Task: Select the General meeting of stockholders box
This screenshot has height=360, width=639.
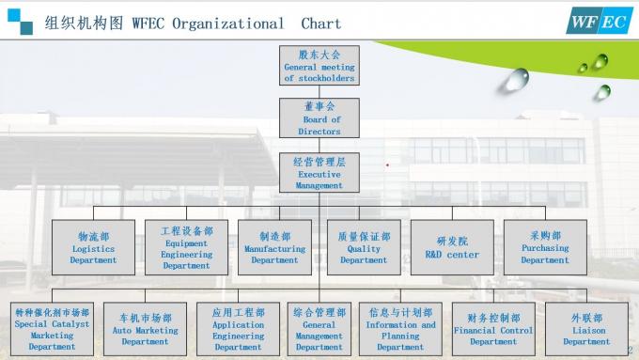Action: pyautogui.click(x=319, y=66)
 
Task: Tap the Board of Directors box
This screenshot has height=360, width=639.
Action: pyautogui.click(x=319, y=118)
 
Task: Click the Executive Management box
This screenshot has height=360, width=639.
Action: pyautogui.click(x=319, y=173)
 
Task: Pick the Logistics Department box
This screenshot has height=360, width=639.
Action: pyautogui.click(x=93, y=247)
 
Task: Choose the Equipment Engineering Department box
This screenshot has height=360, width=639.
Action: pyautogui.click(x=186, y=247)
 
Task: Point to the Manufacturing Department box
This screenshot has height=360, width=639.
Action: pyautogui.click(x=274, y=247)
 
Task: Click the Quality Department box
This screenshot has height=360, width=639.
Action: pyautogui.click(x=364, y=247)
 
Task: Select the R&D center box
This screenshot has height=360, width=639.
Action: pyautogui.click(x=452, y=247)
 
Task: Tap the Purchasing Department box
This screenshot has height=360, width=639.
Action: pyautogui.click(x=545, y=247)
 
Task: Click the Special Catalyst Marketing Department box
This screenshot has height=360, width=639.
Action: pyautogui.click(x=52, y=329)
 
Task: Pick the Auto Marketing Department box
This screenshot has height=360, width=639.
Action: pyautogui.click(x=145, y=329)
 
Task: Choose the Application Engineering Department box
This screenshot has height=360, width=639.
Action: pyautogui.click(x=238, y=329)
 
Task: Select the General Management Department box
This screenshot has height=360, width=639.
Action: pyautogui.click(x=319, y=329)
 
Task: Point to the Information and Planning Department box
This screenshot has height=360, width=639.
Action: pyautogui.click(x=400, y=329)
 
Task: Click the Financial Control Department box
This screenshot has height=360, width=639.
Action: pyautogui.click(x=493, y=329)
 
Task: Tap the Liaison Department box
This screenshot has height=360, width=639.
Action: pyautogui.click(x=586, y=329)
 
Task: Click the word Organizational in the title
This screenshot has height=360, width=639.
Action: pyautogui.click(x=228, y=23)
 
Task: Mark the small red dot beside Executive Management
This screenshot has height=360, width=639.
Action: pyautogui.click(x=387, y=164)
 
